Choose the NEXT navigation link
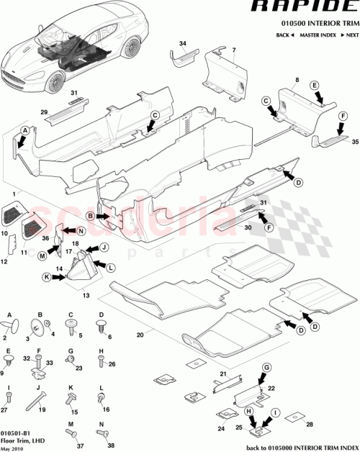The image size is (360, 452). click(350, 35)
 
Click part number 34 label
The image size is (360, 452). click(182, 45)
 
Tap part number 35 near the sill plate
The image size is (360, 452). click(353, 143)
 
